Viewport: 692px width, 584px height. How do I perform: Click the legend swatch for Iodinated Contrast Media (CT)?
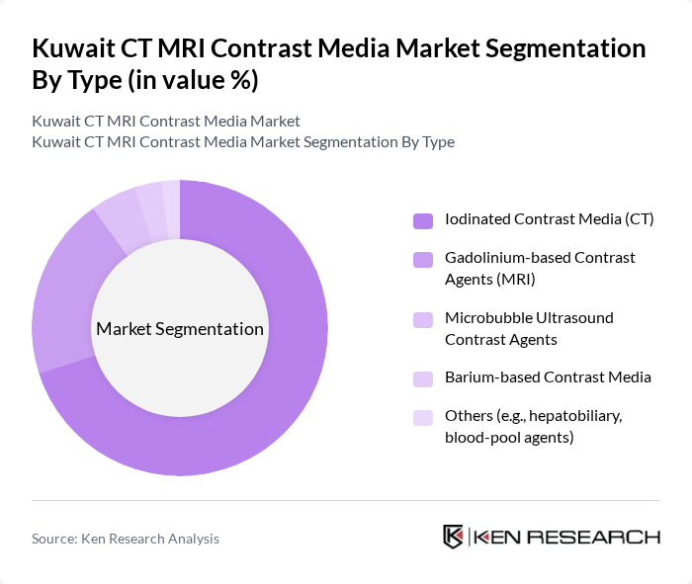click(x=422, y=219)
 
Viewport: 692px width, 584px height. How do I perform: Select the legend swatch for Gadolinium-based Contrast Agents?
click(x=422, y=259)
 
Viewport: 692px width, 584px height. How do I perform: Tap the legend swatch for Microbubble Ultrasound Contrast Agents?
click(x=422, y=319)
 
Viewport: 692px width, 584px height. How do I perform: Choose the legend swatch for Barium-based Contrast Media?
click(x=422, y=378)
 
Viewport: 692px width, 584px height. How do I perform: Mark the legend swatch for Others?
click(x=422, y=417)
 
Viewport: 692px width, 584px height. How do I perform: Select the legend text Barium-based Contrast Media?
click(x=548, y=377)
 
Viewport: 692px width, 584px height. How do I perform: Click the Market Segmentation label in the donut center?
click(x=179, y=329)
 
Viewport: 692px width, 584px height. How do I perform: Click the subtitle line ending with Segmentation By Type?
click(x=243, y=141)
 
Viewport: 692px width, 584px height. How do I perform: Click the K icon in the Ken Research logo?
click(x=454, y=537)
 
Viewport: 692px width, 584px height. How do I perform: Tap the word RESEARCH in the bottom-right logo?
click(x=604, y=538)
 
